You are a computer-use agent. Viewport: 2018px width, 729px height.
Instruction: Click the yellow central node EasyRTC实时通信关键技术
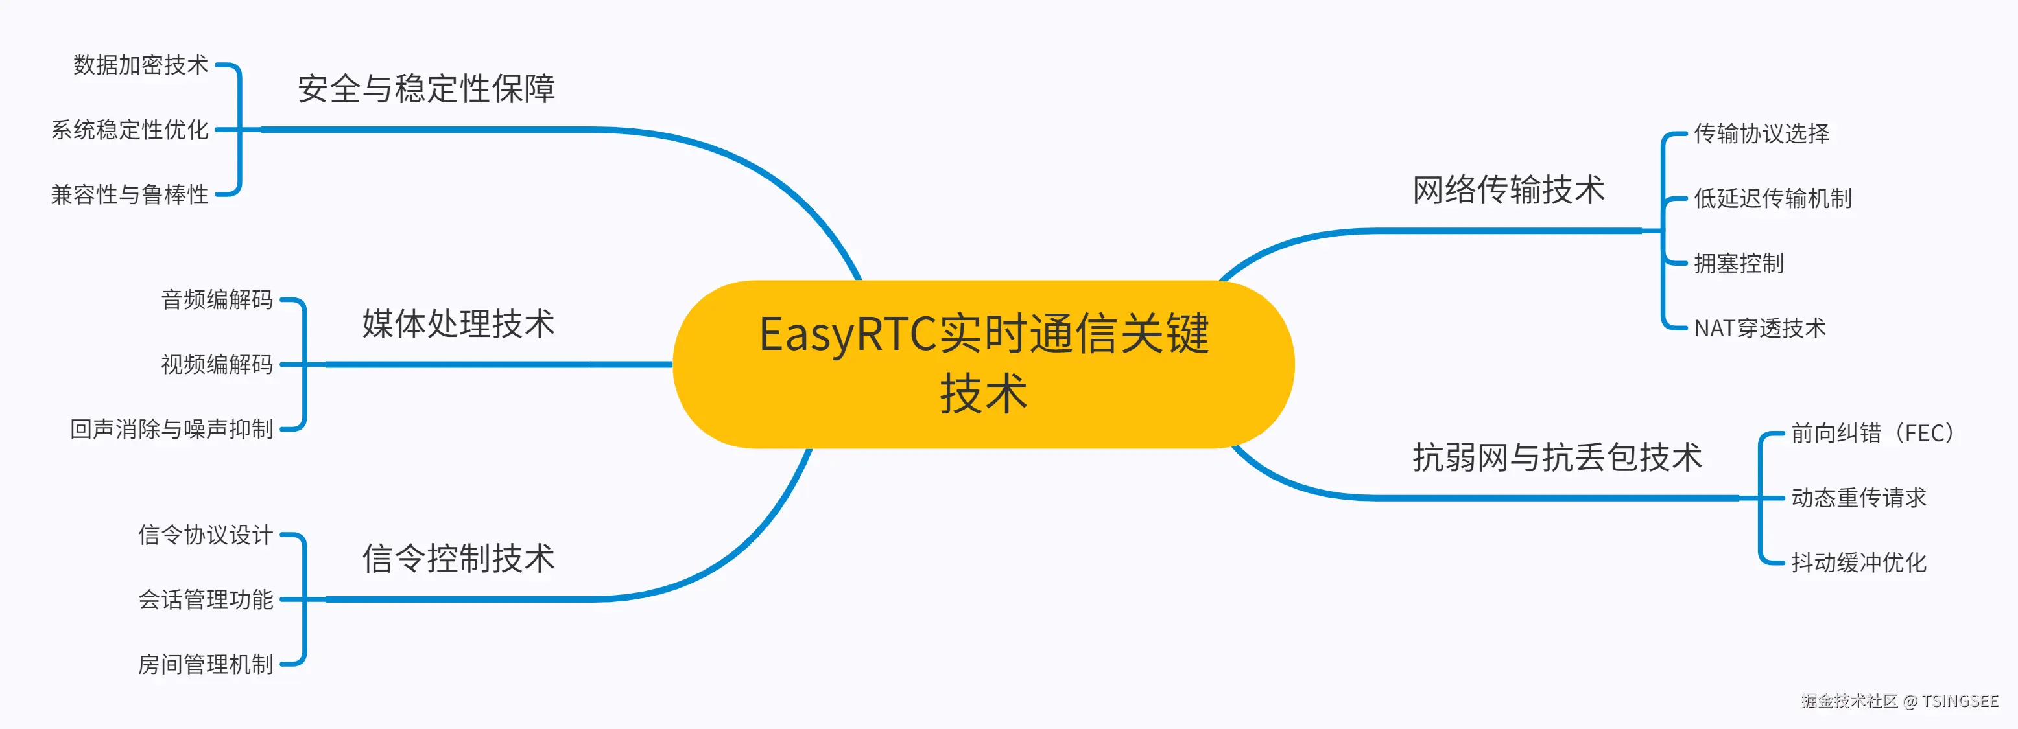(983, 364)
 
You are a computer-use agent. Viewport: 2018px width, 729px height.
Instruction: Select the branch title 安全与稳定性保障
(426, 89)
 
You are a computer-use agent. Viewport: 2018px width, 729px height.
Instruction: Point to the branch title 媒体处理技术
(458, 324)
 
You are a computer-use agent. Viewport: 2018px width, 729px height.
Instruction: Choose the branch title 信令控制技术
(458, 559)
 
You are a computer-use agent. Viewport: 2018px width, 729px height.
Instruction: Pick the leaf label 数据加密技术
(141, 65)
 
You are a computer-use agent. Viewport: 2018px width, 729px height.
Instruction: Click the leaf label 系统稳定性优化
(130, 130)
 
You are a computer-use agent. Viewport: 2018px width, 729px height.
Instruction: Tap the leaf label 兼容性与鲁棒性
(130, 194)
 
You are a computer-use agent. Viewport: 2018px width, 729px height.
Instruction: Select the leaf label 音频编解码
(217, 299)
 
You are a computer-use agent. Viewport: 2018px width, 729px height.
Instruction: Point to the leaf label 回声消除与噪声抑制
(172, 429)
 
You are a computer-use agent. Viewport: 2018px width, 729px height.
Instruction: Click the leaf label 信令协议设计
(206, 535)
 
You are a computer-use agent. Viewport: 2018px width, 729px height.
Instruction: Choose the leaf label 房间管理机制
(206, 664)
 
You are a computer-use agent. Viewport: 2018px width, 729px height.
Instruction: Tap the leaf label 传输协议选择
(1761, 134)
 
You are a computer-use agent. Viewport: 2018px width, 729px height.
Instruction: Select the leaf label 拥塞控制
(1739, 263)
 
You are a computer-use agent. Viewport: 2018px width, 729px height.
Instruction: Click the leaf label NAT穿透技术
(1759, 328)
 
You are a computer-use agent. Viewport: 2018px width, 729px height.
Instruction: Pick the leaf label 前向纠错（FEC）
(1872, 433)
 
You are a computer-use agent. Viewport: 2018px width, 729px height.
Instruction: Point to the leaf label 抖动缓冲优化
(1858, 562)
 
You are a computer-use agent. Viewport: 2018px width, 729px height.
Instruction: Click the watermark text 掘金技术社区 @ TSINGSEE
(1900, 700)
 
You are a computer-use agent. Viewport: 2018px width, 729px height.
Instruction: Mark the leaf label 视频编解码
(217, 364)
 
